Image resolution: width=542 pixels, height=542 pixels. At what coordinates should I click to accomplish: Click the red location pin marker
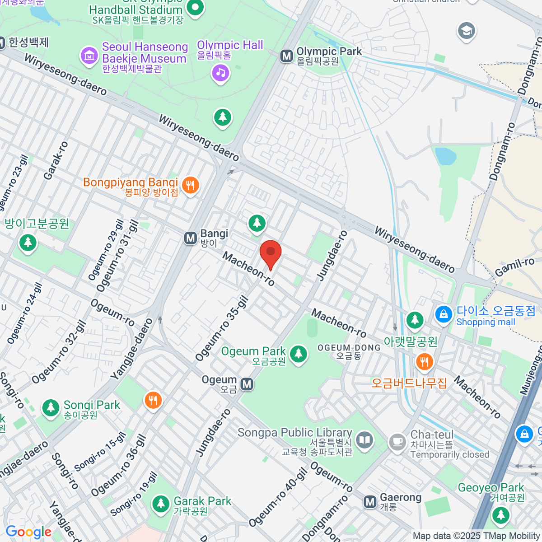271,253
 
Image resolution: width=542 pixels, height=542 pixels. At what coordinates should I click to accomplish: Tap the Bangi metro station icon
191,238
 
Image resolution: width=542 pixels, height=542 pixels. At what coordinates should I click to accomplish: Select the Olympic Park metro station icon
286,56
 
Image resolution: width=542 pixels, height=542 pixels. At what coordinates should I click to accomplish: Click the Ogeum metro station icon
247,384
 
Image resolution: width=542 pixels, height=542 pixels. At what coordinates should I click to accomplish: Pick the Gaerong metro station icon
370,501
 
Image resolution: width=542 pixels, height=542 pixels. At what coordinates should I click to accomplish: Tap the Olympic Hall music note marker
220,73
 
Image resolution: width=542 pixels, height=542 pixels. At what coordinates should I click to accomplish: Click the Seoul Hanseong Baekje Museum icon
89,56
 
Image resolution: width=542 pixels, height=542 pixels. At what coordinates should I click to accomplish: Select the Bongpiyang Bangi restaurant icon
190,185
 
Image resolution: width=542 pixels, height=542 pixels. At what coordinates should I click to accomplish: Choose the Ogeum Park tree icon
298,354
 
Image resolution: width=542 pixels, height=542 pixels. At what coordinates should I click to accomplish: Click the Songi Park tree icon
51,408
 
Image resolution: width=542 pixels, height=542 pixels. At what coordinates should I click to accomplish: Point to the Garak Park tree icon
160,504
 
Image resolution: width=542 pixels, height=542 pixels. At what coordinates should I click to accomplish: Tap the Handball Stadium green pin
195,8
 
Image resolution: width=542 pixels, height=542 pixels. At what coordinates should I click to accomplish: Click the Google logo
28,532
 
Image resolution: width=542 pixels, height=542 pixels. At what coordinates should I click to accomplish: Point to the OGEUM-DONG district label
349,348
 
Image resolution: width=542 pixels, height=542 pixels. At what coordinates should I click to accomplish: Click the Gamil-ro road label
514,267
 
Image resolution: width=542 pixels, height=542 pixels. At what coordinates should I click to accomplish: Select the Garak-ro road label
56,161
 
